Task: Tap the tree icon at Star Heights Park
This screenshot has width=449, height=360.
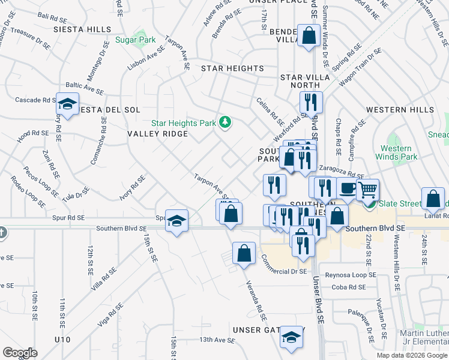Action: click(225, 123)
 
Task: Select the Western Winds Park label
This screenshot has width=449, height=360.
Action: click(396, 152)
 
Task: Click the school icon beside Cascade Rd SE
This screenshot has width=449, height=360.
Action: click(68, 104)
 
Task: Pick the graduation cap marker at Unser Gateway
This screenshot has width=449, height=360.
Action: click(292, 337)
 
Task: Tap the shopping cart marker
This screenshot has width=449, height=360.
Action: click(368, 190)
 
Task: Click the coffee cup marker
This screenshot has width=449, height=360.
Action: click(347, 188)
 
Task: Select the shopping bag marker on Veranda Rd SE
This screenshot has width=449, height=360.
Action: click(244, 253)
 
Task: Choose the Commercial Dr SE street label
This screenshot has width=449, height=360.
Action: click(284, 264)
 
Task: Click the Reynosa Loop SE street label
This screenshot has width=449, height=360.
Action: click(351, 274)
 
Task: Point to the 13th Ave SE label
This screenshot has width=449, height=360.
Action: click(217, 340)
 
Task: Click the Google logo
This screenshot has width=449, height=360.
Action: click(20, 353)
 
